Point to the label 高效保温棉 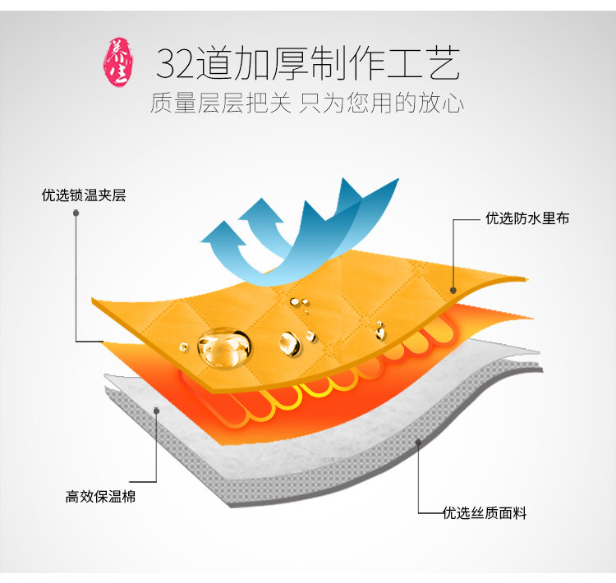point(100,497)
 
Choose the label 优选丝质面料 point(485,513)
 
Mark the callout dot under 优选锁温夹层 point(76,213)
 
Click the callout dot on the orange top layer point(453,289)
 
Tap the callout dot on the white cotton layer point(155,411)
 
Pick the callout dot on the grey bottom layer point(418,442)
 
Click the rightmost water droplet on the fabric point(380,331)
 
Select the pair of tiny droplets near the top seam point(304,305)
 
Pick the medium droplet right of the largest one point(289,342)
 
